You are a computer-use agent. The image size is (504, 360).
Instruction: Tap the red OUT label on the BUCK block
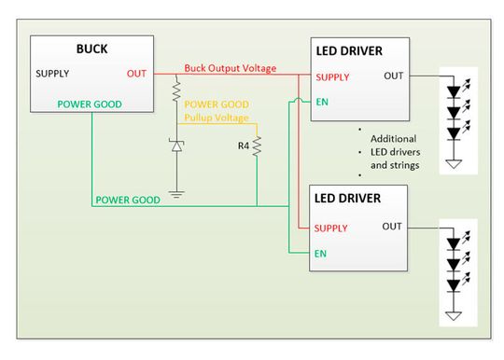tap(135, 73)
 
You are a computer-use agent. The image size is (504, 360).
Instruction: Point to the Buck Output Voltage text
tap(230, 67)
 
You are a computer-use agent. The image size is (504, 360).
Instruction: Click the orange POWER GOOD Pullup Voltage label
tap(217, 112)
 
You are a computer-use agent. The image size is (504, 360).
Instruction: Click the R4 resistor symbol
tap(257, 146)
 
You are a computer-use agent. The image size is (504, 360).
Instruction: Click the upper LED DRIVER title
tap(359, 49)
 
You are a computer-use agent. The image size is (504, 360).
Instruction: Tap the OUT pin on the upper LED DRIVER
tap(393, 76)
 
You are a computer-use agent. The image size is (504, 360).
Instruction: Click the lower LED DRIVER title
tap(359, 198)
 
